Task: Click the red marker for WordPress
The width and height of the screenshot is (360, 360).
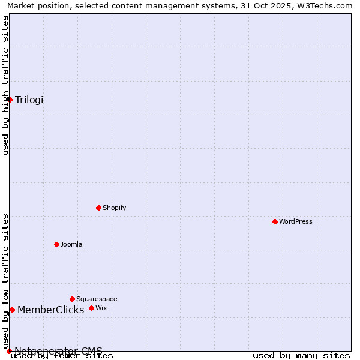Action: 275,221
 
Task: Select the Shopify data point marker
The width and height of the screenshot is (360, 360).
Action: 99,208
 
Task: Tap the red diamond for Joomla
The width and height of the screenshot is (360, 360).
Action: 57,244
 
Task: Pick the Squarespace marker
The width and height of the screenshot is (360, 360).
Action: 73,299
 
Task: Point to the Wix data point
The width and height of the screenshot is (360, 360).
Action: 91,308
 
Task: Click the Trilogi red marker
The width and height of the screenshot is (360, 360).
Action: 10,100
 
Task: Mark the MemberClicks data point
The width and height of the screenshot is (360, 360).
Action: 12,310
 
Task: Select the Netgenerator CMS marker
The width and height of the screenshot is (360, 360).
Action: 9,351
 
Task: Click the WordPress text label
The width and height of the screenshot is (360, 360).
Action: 295,221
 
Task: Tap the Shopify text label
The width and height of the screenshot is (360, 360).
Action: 114,208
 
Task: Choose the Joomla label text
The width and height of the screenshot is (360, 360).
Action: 71,244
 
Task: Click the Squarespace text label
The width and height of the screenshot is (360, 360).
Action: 97,299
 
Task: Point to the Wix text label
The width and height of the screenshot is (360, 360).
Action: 101,308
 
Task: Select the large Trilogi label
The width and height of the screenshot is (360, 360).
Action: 29,100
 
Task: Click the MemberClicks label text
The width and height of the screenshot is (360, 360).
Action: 50,310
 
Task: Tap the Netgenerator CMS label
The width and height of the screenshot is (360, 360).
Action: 58,351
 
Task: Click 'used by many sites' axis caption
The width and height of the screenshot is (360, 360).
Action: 301,356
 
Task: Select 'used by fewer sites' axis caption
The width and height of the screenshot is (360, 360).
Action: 62,356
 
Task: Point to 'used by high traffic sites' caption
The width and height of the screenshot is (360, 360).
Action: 5,85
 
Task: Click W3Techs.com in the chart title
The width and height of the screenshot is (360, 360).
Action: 323,5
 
